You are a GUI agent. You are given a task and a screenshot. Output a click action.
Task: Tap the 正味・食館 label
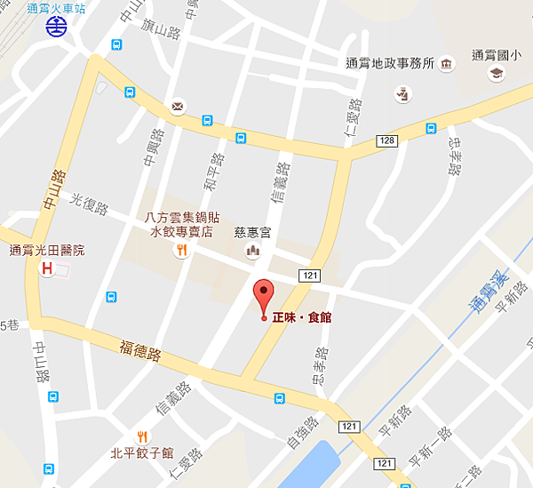(x=301, y=317)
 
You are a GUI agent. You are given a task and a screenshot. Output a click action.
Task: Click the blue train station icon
(x=55, y=28)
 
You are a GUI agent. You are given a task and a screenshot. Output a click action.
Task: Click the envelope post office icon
(x=178, y=107)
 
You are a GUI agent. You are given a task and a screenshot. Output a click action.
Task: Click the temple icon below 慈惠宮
(x=251, y=252)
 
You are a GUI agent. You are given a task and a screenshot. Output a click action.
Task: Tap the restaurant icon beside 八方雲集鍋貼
(x=181, y=251)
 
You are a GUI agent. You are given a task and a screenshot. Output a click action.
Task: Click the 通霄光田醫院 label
(x=46, y=251)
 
